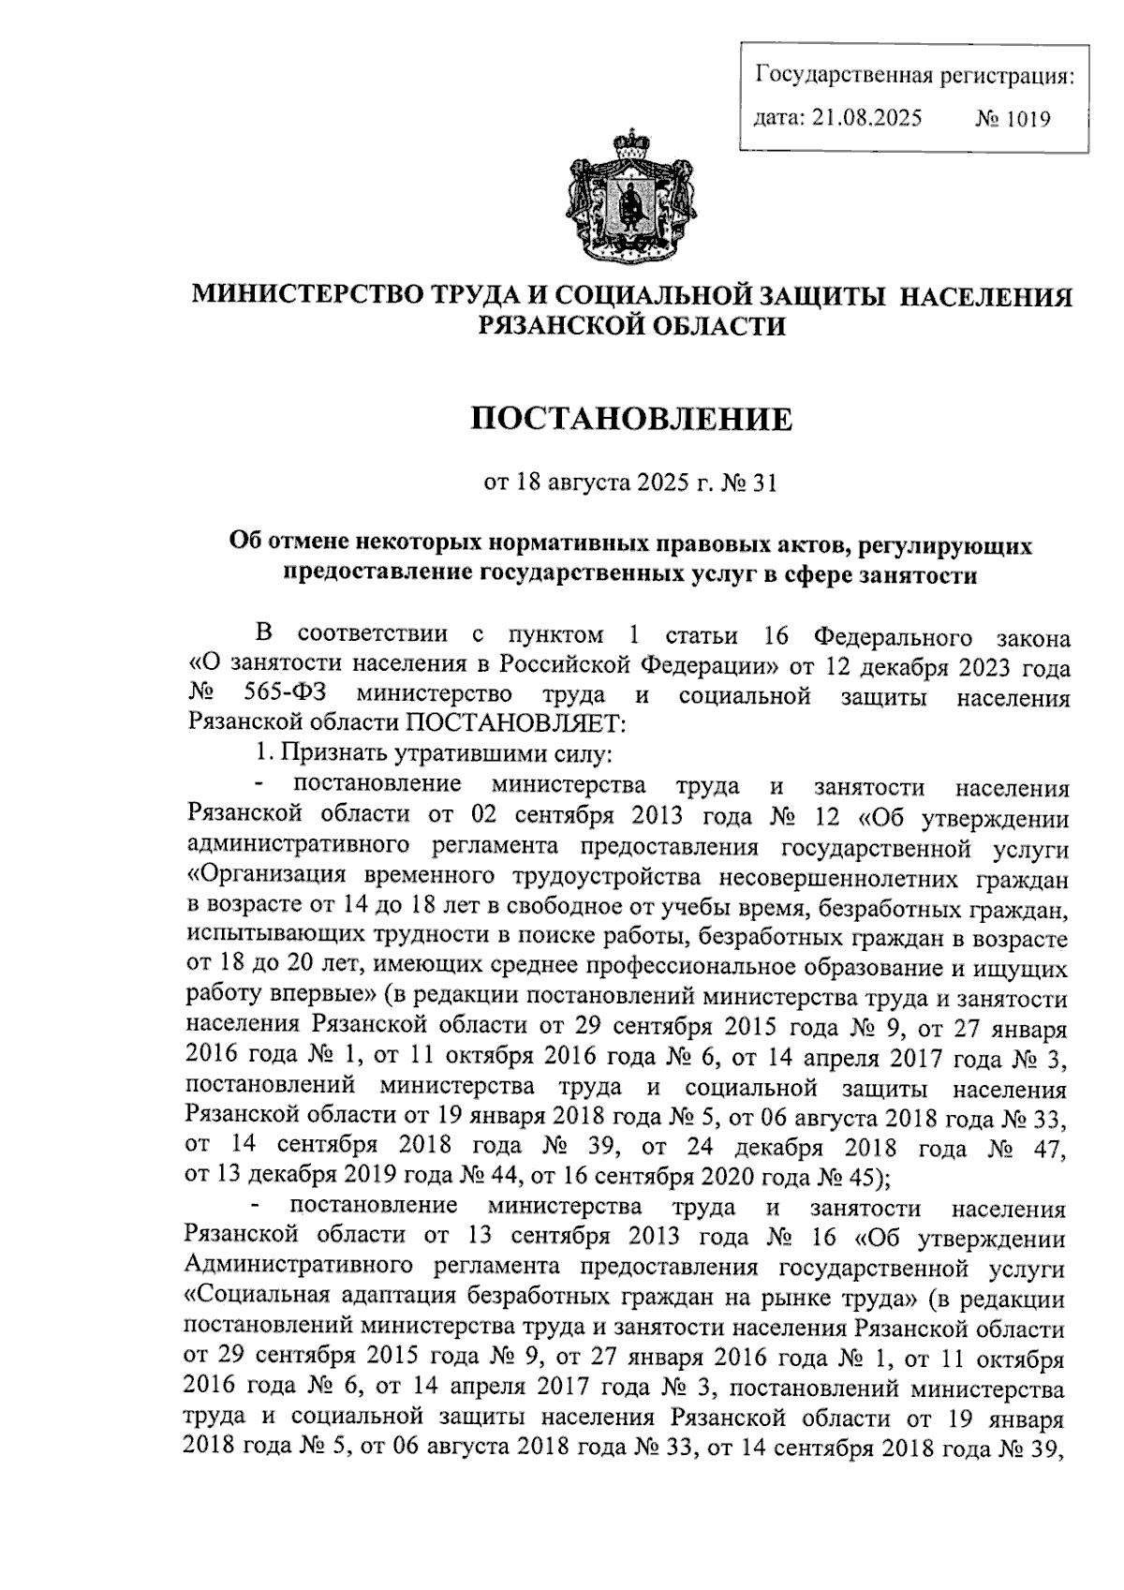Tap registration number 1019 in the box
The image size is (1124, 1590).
tap(1027, 119)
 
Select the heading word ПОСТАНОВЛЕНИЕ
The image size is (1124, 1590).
tap(630, 419)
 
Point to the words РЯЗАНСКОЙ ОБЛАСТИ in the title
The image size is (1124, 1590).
tap(630, 326)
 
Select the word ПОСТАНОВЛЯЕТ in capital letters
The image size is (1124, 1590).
tap(508, 722)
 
